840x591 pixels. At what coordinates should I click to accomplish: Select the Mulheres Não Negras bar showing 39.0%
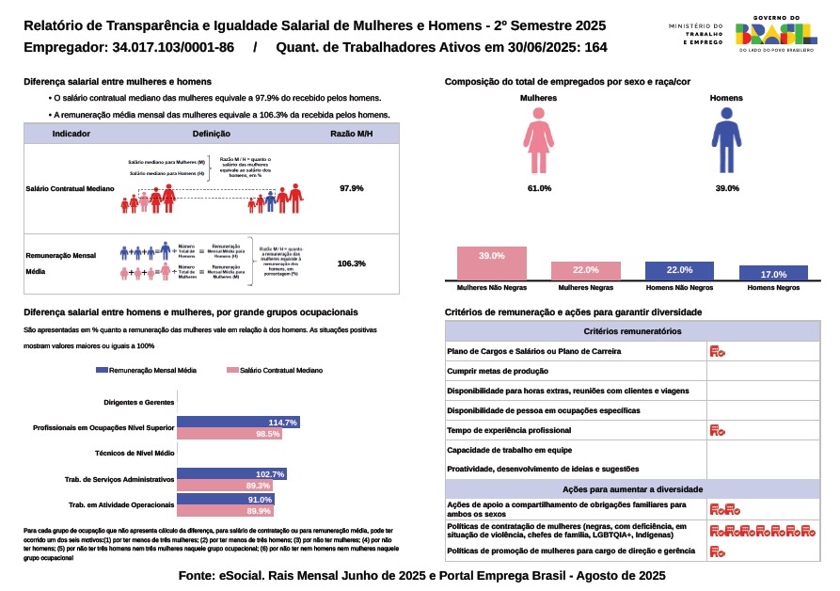click(x=492, y=263)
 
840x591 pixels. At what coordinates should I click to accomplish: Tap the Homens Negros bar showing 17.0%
click(x=773, y=273)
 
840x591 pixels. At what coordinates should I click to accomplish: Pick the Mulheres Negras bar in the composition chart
click(x=585, y=270)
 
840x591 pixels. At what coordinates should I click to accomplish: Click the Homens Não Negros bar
click(x=679, y=270)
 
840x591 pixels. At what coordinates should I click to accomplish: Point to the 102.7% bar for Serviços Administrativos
click(x=231, y=473)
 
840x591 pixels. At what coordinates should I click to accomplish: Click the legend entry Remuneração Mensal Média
click(x=147, y=372)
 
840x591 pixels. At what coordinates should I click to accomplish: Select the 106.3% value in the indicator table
click(x=351, y=264)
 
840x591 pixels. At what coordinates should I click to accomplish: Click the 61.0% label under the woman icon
click(x=539, y=188)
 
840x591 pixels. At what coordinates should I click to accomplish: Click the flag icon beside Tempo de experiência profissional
click(x=717, y=431)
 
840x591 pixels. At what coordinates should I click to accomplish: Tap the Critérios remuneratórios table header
click(x=632, y=331)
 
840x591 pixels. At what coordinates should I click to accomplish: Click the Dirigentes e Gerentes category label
click(x=138, y=403)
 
